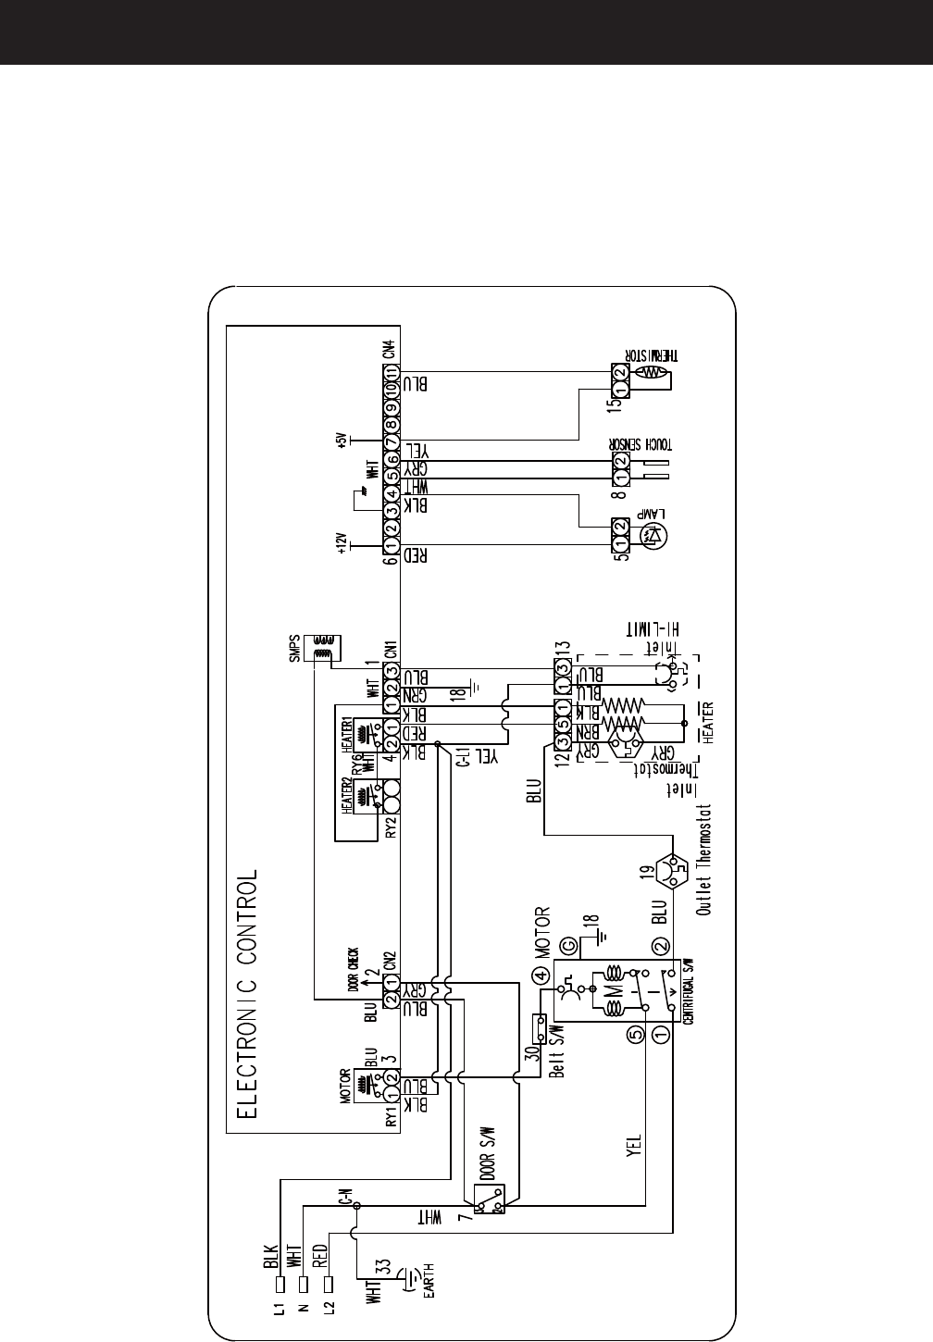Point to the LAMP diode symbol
(657, 534)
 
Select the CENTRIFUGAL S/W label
(689, 991)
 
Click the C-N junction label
(345, 1203)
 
